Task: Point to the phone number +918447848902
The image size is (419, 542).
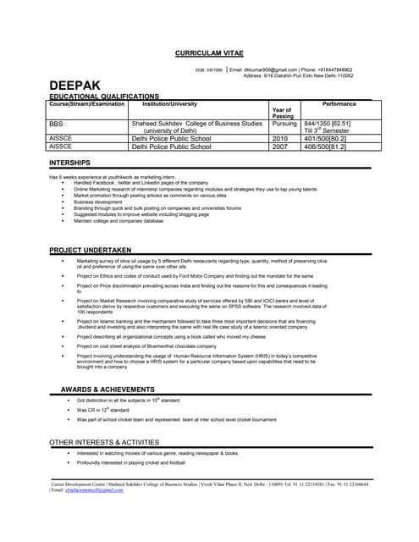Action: coord(332,69)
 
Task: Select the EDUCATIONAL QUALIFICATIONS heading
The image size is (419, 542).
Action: coord(104,97)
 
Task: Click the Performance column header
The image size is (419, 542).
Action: coord(339,104)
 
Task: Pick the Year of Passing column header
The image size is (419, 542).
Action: coord(282,113)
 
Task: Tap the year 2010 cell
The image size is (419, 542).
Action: coord(280,138)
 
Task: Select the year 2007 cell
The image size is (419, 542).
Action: coord(280,147)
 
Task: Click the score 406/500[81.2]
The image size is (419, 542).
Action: coord(325,147)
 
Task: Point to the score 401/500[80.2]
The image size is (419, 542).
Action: coord(325,138)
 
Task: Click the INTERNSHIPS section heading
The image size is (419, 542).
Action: coord(70,162)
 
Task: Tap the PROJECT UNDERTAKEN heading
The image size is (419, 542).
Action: coord(91,250)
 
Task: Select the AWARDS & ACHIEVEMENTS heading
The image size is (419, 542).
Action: coord(108,388)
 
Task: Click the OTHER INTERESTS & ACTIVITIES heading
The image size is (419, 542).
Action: coord(104,442)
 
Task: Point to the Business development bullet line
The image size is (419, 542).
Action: coord(97,202)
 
